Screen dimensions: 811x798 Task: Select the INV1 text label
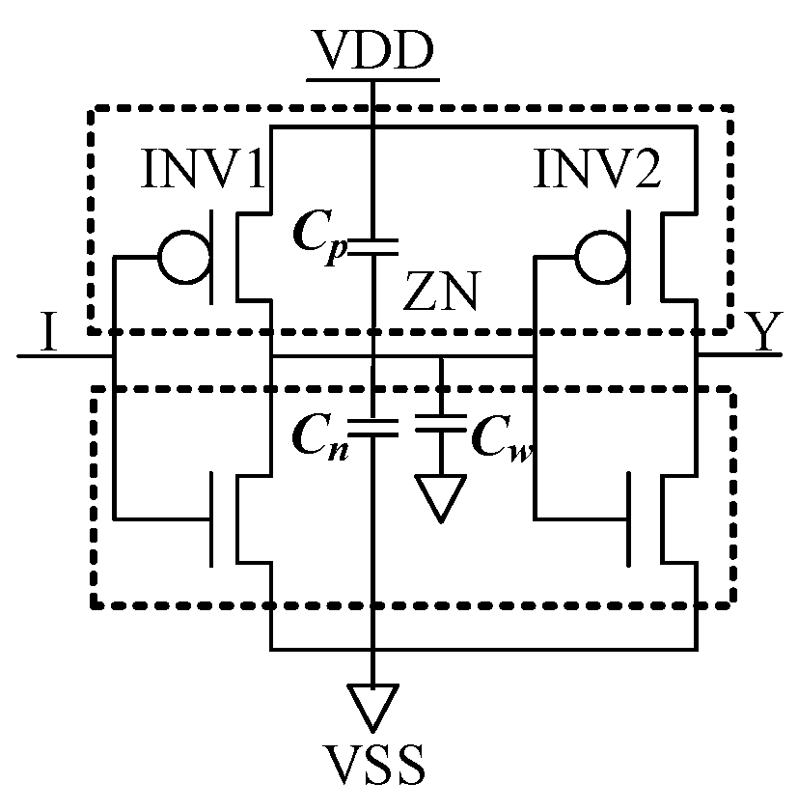pyautogui.click(x=203, y=172)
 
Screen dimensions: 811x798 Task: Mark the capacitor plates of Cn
pyautogui.click(x=372, y=427)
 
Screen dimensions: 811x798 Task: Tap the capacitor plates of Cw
pyautogui.click(x=440, y=427)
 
